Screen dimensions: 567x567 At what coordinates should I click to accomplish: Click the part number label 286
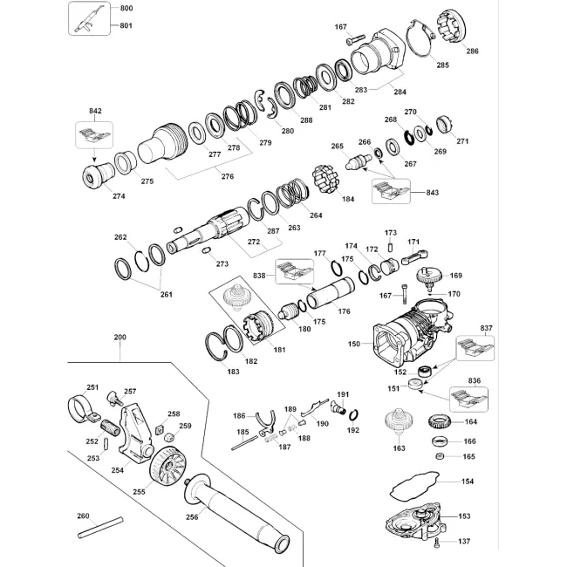click(472, 51)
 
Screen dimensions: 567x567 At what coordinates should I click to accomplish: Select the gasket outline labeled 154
click(414, 486)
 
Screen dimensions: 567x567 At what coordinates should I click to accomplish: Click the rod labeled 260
click(100, 528)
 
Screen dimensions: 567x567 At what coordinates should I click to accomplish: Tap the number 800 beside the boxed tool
click(126, 8)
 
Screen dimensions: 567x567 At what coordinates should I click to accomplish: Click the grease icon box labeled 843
click(392, 191)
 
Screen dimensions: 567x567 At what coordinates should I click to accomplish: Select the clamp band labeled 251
click(82, 409)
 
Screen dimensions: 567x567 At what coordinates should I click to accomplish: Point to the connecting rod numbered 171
click(414, 256)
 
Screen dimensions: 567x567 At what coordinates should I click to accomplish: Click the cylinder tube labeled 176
click(331, 293)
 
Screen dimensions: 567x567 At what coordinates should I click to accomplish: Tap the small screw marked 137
click(438, 542)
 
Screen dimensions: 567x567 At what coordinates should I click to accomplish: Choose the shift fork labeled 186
click(266, 422)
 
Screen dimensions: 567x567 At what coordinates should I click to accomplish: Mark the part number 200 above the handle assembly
click(120, 337)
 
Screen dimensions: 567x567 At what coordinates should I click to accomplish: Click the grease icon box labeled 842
click(94, 135)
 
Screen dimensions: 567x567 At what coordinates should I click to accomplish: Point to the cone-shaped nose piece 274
click(98, 175)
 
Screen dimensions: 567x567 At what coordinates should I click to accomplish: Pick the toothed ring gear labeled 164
click(439, 422)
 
